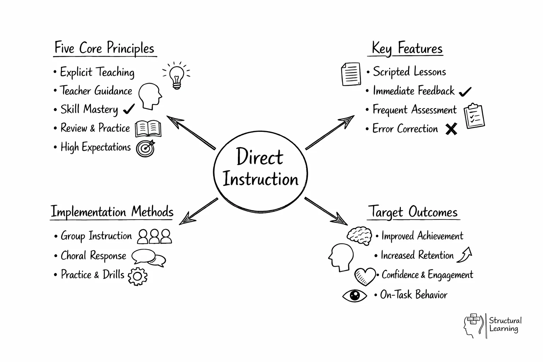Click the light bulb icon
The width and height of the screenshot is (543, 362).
176,75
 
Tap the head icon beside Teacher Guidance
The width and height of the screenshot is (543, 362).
150,96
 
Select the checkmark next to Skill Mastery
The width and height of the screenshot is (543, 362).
129,109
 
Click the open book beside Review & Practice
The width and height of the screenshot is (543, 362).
148,129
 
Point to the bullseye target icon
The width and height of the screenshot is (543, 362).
146,148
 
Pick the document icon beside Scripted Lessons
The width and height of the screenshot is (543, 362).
351,74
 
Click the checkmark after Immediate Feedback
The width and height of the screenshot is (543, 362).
465,92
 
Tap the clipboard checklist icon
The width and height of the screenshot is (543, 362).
474,116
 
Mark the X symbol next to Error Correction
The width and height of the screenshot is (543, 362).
451,129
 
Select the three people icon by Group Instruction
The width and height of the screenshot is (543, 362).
154,237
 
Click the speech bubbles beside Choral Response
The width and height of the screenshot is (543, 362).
148,258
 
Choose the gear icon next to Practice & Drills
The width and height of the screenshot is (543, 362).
138,276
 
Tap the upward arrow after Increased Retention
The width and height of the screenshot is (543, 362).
465,255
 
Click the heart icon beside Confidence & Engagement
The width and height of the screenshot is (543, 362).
365,276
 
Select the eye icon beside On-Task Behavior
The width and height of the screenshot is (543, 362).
355,296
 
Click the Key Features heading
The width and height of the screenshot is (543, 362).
407,48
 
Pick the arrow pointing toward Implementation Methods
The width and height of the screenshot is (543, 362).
198,211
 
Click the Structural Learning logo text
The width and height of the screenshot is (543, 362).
505,325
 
